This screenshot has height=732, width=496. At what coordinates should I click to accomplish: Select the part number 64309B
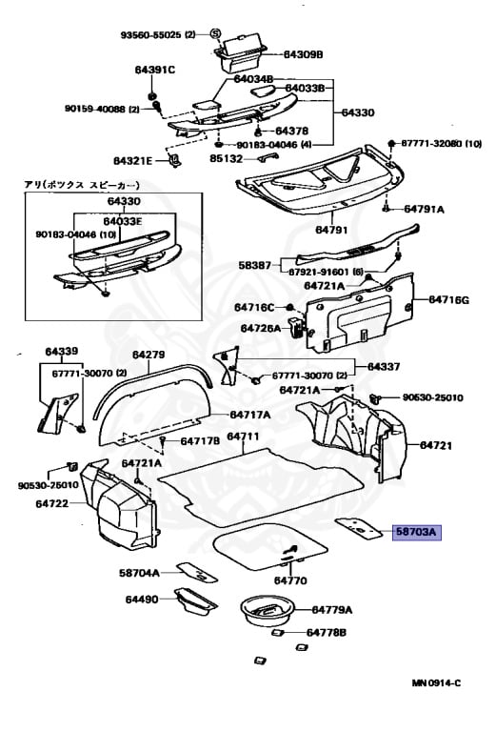coord(304,54)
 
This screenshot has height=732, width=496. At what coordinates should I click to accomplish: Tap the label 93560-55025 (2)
coord(157,34)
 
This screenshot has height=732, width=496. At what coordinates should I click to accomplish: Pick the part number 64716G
coord(448,300)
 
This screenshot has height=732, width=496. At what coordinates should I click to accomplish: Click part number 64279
coord(149,356)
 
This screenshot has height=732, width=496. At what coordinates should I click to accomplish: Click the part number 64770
coord(290,580)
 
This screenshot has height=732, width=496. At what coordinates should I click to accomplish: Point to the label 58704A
coord(139,573)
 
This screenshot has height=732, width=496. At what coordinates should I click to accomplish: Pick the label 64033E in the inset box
coord(124,221)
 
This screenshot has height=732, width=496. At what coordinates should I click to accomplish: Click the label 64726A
coord(261,328)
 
